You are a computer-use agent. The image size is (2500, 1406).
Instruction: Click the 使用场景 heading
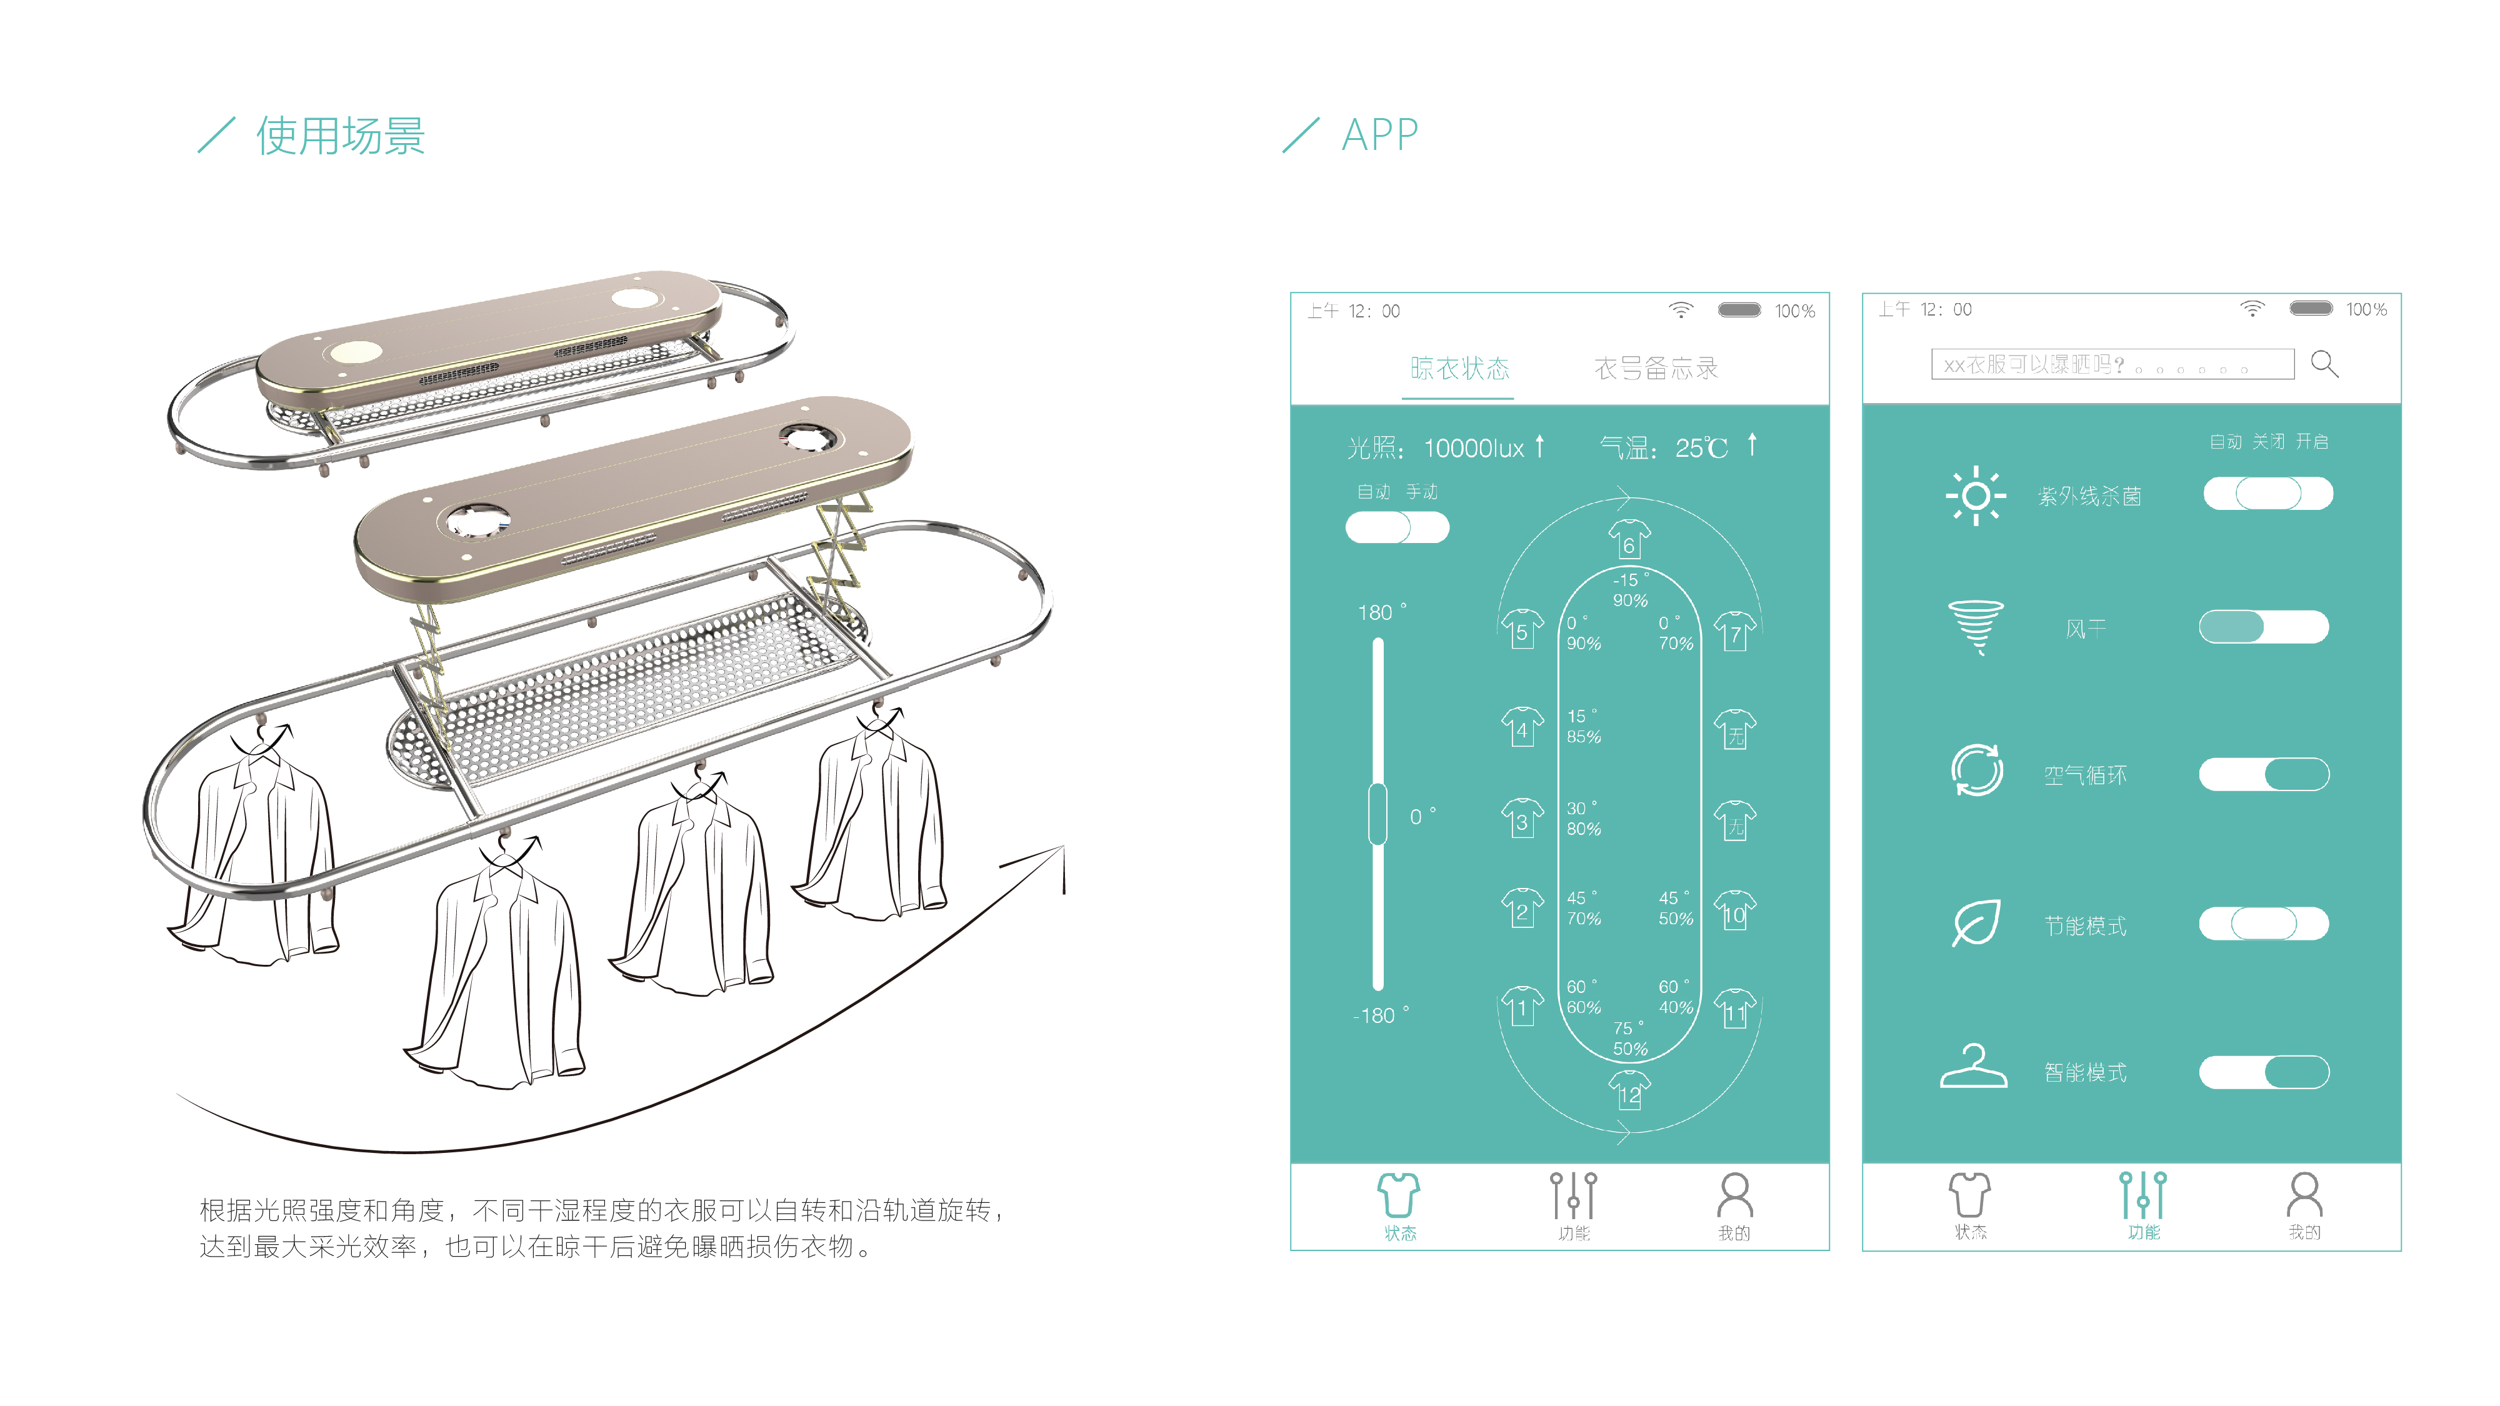pos(339,136)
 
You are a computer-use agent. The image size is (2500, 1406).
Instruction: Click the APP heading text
pos(1379,135)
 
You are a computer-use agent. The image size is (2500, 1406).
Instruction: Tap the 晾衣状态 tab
pos(1459,369)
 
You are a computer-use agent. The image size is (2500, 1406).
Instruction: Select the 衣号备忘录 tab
pos(1656,369)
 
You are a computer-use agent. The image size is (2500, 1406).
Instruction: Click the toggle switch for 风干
pos(2263,627)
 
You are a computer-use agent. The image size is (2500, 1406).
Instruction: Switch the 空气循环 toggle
pos(2263,774)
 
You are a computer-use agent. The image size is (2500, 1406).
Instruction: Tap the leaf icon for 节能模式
pos(1976,923)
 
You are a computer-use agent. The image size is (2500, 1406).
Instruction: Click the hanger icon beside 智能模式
pos(1973,1067)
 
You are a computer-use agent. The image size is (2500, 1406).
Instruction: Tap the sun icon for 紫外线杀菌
pos(1975,496)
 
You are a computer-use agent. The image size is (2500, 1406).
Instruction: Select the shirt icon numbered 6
pos(1629,539)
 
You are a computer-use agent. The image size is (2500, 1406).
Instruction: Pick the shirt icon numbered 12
pos(1629,1090)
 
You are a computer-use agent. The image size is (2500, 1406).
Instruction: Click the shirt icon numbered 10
pos(1734,910)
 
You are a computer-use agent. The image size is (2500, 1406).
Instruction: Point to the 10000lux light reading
pos(1473,448)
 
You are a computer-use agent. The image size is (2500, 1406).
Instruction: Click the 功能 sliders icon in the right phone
pos(2143,1197)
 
